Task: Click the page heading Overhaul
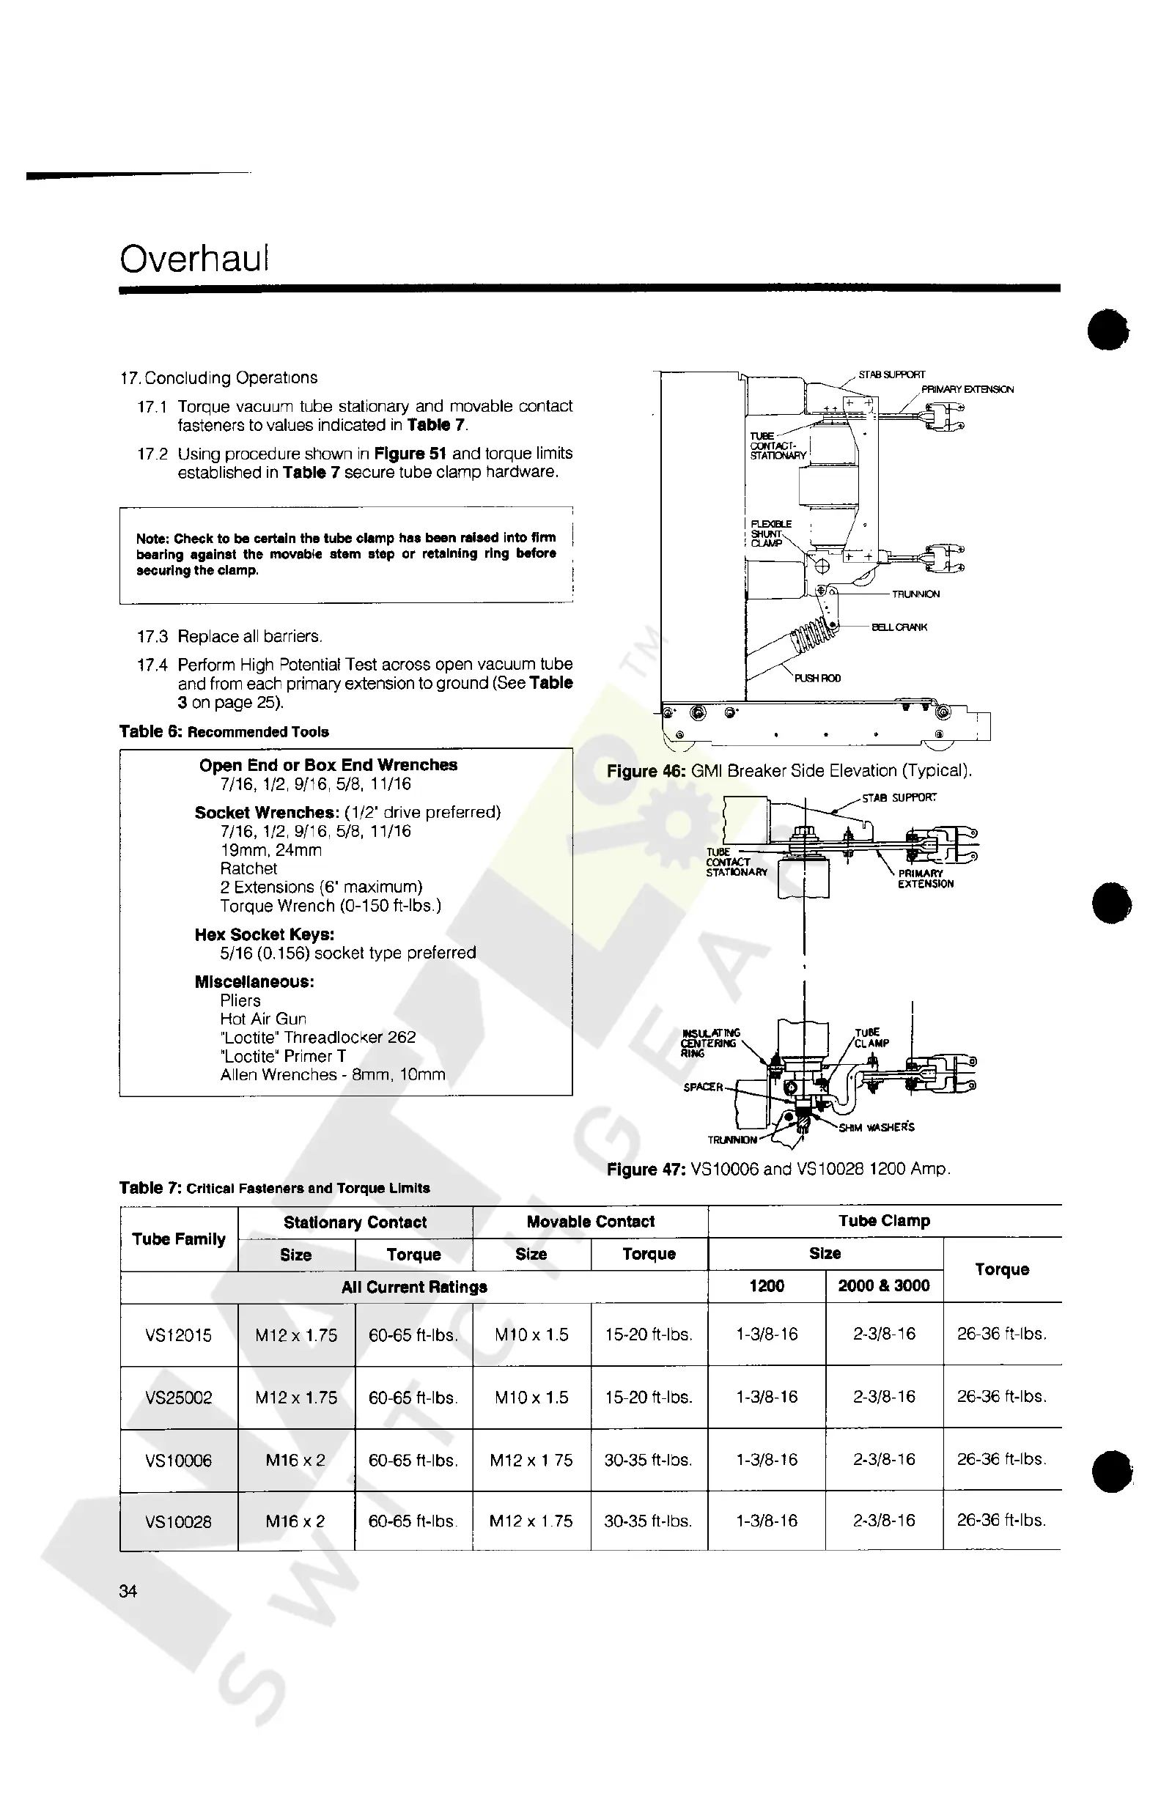coord(193,259)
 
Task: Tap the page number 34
coord(128,1591)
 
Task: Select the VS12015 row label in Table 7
coord(179,1335)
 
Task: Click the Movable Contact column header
coord(590,1222)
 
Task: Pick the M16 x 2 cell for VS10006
coord(295,1460)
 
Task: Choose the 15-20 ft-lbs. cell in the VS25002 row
coord(649,1398)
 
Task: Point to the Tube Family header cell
coord(179,1239)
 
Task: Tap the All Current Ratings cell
coord(414,1287)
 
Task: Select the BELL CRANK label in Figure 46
coord(899,627)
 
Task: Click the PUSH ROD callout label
coord(817,679)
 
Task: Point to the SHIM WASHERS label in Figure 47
coord(879,1128)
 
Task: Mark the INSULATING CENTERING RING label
coord(709,1044)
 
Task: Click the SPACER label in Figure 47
coord(703,1087)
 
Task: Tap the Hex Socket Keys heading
coord(265,934)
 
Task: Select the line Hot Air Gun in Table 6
coord(263,1019)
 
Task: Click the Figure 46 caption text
coord(789,771)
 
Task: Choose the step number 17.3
coord(152,637)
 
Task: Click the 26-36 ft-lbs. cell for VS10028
coord(1001,1521)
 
